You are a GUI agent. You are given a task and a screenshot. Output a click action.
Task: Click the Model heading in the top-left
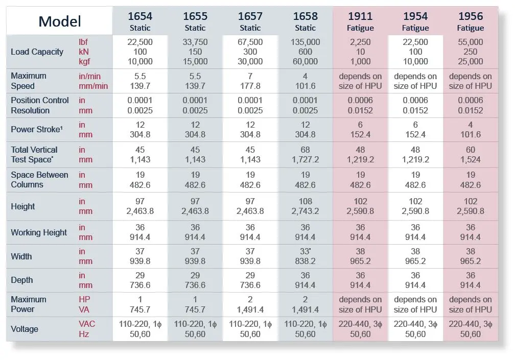click(x=60, y=21)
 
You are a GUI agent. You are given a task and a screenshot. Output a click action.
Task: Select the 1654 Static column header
click(x=139, y=21)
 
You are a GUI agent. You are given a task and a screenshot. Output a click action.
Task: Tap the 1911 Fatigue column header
click(x=360, y=21)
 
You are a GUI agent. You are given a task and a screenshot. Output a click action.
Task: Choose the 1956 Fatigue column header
click(x=471, y=21)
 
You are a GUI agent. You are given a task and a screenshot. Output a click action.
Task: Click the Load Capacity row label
click(x=37, y=52)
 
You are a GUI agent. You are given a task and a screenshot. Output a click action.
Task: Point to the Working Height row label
click(x=39, y=232)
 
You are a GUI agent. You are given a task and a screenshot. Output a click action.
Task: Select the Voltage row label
click(x=25, y=329)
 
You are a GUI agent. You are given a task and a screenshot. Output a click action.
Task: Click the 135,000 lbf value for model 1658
click(x=305, y=42)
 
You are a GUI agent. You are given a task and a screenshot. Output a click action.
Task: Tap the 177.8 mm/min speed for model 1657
click(x=250, y=86)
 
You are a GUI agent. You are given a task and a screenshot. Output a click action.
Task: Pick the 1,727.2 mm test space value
click(x=305, y=159)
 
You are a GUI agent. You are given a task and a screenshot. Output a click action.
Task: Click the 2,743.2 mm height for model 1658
click(x=305, y=211)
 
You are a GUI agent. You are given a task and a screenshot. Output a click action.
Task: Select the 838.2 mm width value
click(x=305, y=261)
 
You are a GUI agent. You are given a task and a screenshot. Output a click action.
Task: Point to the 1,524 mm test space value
click(x=471, y=159)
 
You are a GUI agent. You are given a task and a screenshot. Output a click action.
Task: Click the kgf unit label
click(x=84, y=62)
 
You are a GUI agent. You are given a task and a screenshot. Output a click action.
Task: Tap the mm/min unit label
click(x=93, y=86)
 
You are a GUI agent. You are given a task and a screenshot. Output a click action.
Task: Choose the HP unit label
click(x=84, y=299)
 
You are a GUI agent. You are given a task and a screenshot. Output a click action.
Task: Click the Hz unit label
click(x=84, y=334)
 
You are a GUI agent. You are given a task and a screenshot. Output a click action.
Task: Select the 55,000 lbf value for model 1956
click(x=471, y=42)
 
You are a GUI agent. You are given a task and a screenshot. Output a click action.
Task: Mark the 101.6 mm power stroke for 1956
click(x=471, y=135)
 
